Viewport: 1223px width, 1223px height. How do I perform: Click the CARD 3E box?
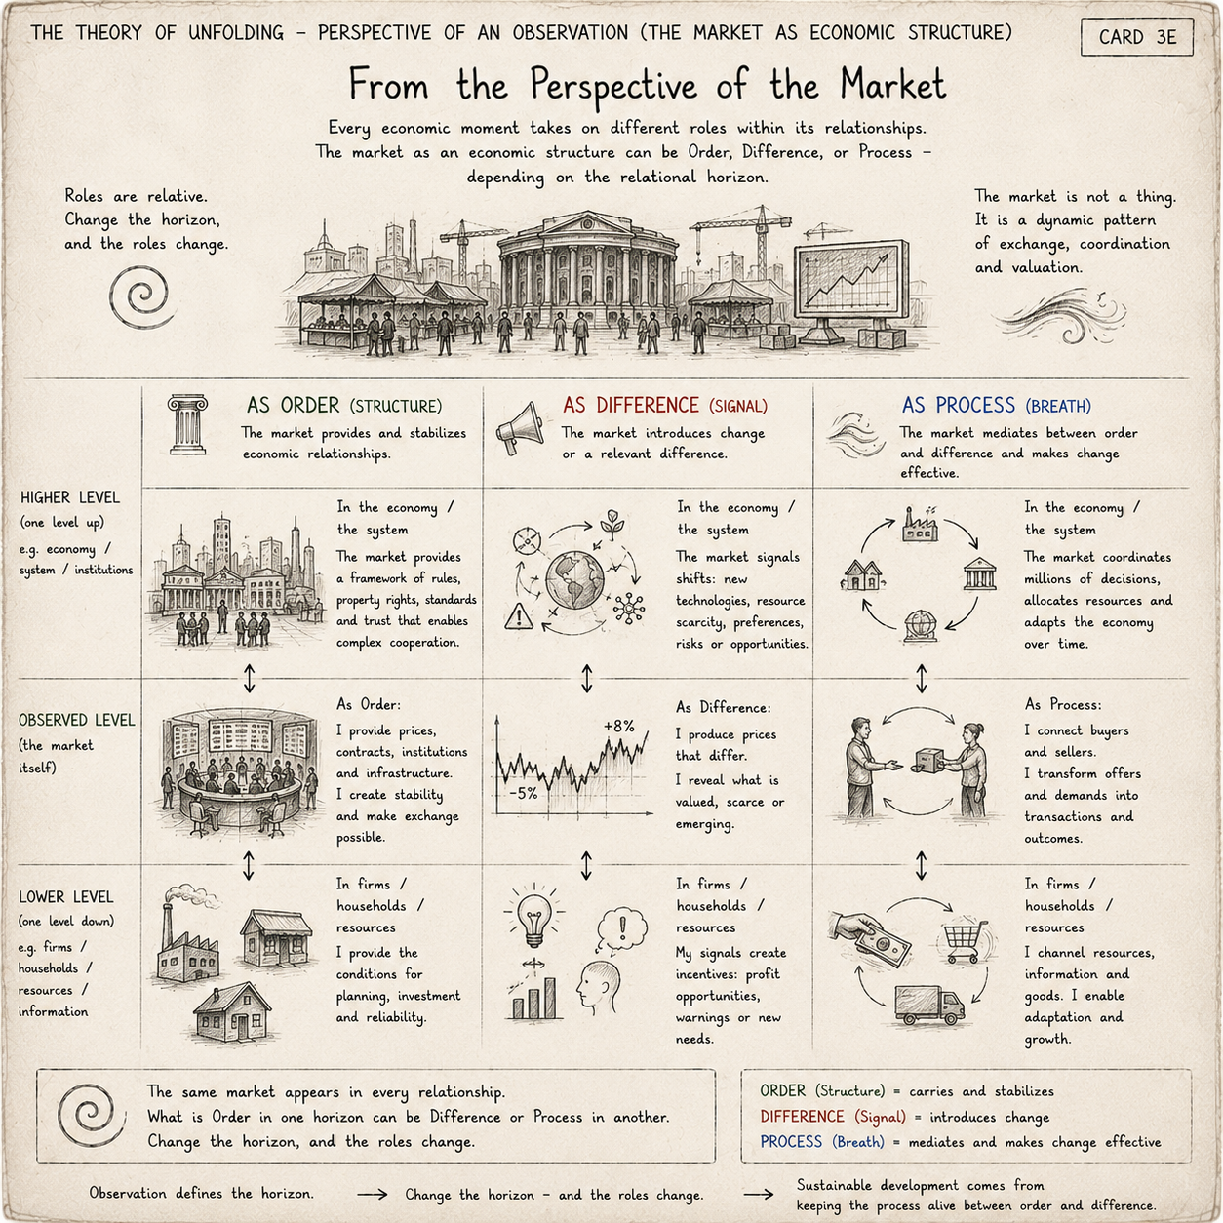coord(1136,37)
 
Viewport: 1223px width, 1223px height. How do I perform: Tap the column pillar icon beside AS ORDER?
coord(188,424)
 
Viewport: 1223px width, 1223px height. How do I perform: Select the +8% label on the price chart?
coord(618,726)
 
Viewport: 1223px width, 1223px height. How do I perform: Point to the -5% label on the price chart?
coord(524,793)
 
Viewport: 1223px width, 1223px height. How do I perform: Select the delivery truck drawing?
coord(929,1005)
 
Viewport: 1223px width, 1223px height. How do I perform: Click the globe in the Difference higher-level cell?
coord(575,580)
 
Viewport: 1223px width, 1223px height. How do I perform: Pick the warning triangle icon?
coord(519,616)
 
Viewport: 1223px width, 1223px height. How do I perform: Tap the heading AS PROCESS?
coord(959,405)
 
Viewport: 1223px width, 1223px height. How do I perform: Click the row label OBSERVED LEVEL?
coord(77,721)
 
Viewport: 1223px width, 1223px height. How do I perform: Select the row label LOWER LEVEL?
coord(66,897)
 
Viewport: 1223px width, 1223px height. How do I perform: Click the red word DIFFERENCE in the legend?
coord(803,1117)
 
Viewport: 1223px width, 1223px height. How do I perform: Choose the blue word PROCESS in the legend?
coord(791,1142)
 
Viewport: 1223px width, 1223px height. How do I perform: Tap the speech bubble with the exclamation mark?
coord(621,927)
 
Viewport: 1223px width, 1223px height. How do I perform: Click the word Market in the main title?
coord(893,85)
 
